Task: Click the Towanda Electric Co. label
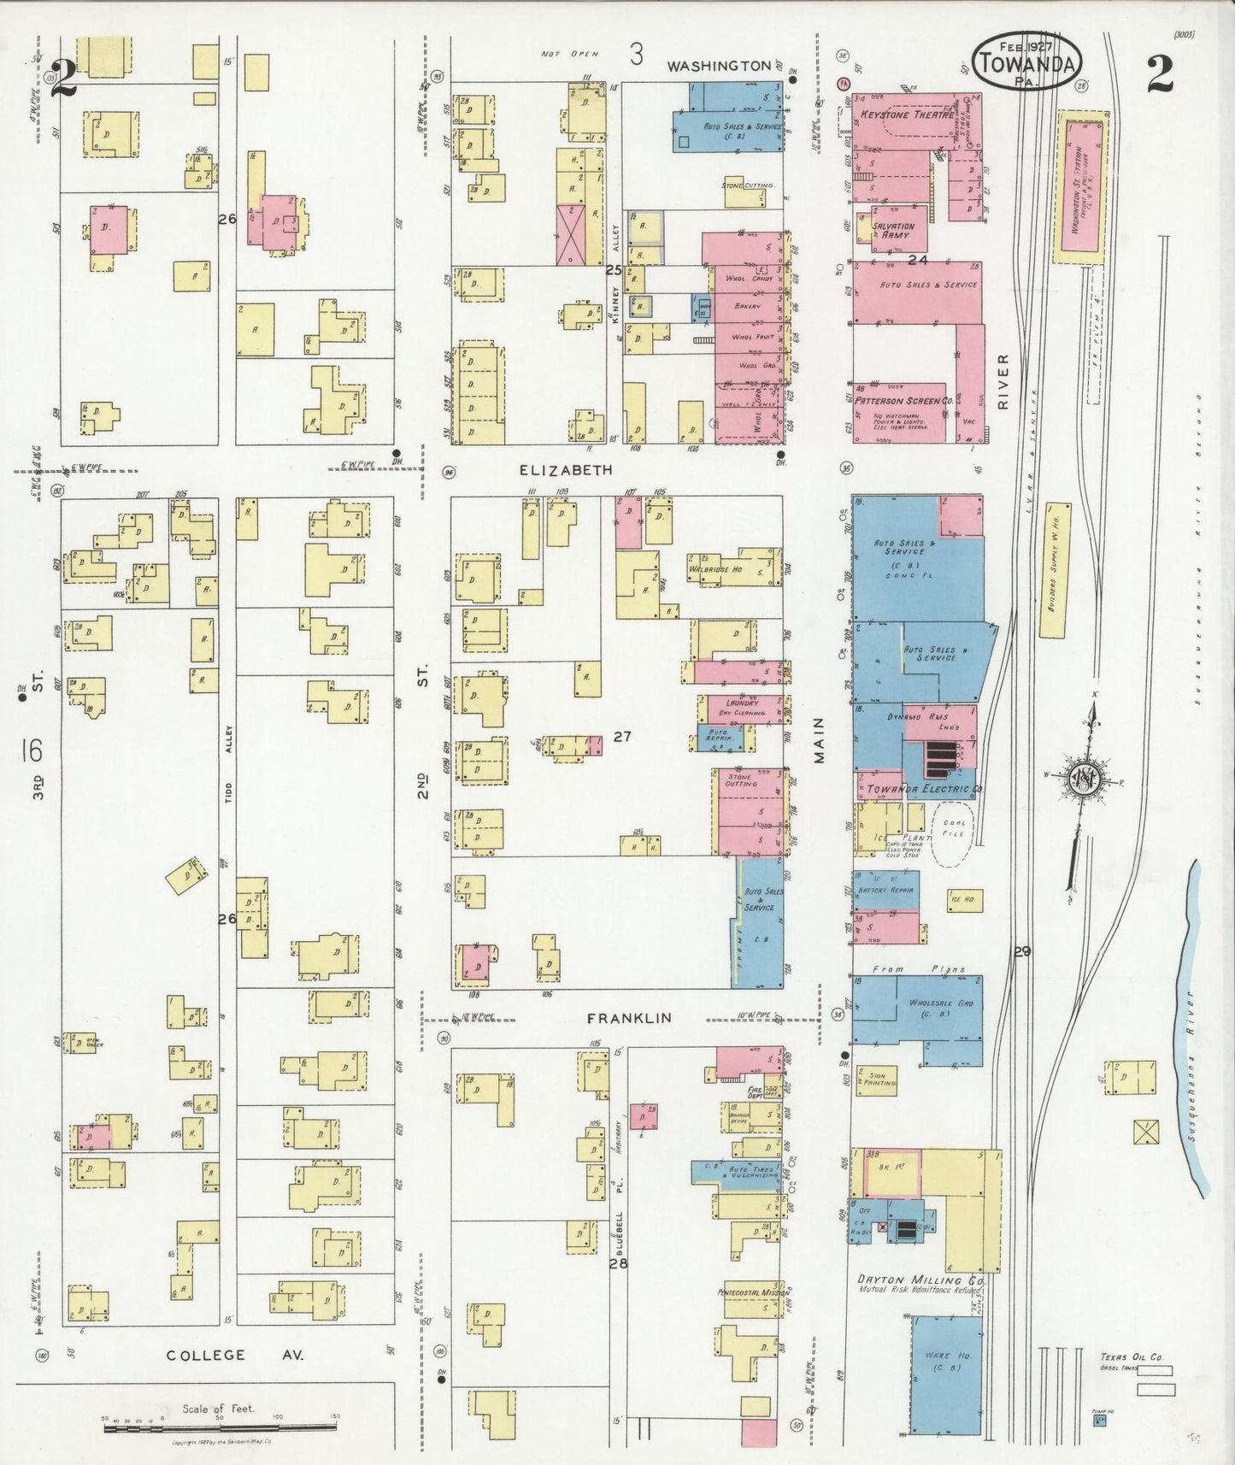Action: click(923, 788)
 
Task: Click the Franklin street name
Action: click(629, 1018)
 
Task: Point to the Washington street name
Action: click(719, 66)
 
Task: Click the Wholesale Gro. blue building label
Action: click(929, 1008)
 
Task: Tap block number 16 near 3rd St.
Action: click(32, 750)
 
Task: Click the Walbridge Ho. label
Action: click(716, 568)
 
